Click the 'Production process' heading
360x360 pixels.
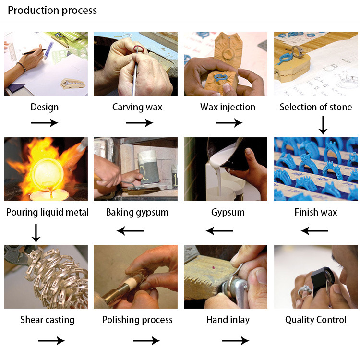tap(52, 11)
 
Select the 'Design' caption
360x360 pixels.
tap(45, 107)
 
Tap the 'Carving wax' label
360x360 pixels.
tap(137, 107)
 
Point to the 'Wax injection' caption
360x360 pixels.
tap(228, 107)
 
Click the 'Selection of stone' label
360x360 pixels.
tap(316, 107)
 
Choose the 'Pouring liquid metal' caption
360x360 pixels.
tap(48, 212)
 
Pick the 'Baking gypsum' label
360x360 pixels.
tap(137, 212)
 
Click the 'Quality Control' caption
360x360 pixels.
tap(316, 320)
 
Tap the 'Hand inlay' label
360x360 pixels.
tap(228, 320)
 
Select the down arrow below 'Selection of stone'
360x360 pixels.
tap(323, 125)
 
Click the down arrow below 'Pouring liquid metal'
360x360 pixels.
tap(36, 233)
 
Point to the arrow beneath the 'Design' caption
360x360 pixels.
tap(45, 123)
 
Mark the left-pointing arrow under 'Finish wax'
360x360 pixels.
tap(314, 231)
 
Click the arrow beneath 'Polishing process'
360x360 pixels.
tap(146, 341)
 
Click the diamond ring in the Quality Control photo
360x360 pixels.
tap(305, 290)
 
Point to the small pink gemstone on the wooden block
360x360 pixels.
tap(214, 267)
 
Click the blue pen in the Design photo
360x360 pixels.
tap(48, 50)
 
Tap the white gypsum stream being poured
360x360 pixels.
tap(219, 181)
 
